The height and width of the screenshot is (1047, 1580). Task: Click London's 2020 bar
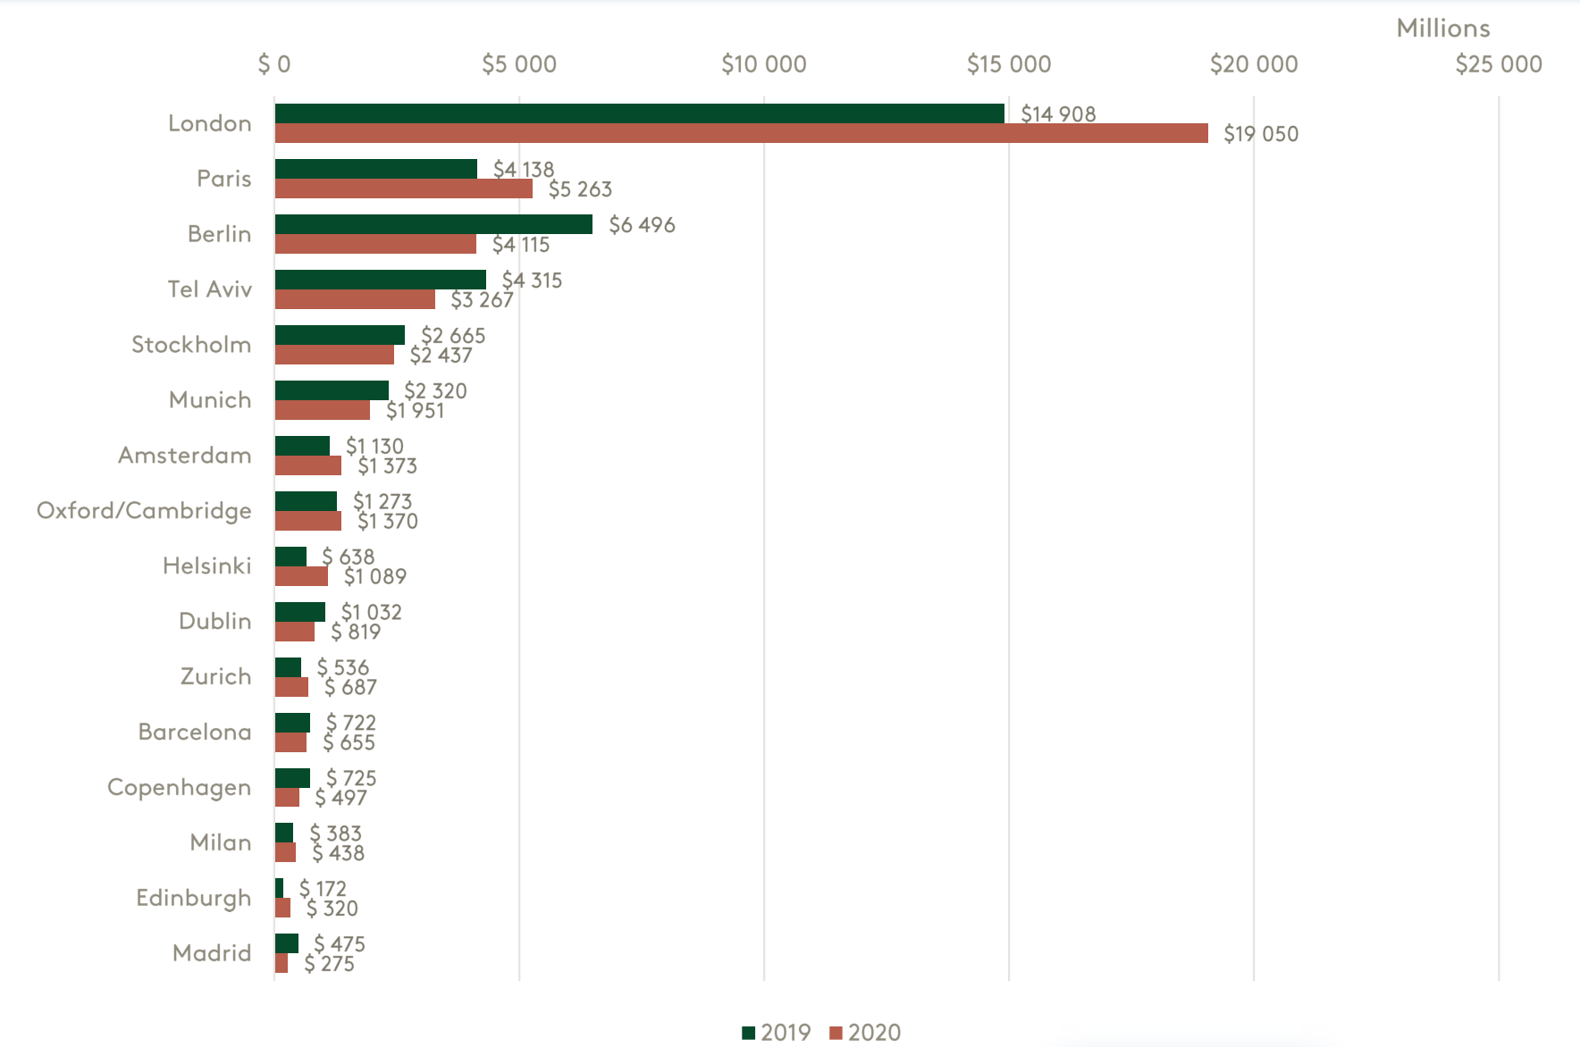[741, 134]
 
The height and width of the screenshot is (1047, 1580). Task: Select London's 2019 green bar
[639, 113]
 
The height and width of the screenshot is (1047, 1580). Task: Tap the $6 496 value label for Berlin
[642, 225]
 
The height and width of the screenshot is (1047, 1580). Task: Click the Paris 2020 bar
[403, 189]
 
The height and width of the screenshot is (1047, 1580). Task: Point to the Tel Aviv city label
[210, 289]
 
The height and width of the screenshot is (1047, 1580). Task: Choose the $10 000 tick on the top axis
[763, 64]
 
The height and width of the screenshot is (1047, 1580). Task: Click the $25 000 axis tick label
[1498, 64]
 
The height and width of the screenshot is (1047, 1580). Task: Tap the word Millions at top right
[1442, 29]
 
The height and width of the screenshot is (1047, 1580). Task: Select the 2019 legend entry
[776, 1033]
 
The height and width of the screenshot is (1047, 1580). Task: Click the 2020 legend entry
[864, 1033]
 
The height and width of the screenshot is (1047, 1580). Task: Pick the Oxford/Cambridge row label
[144, 511]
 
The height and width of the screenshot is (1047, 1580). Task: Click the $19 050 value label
[1260, 135]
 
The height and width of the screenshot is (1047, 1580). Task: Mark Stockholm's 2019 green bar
[340, 335]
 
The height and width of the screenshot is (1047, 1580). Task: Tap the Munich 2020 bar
[322, 411]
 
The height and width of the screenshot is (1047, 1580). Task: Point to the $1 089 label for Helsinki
[375, 577]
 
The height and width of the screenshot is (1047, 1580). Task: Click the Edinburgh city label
[193, 898]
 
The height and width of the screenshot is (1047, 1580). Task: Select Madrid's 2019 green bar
[286, 943]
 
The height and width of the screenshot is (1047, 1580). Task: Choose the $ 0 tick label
[274, 64]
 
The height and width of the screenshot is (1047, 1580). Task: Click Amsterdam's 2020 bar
[307, 466]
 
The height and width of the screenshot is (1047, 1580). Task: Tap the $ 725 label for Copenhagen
[351, 778]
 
